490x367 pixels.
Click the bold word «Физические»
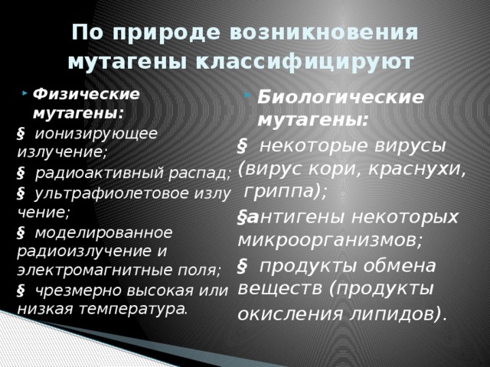(x=86, y=94)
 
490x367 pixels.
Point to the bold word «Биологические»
(x=341, y=97)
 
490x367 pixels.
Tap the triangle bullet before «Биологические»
(x=248, y=94)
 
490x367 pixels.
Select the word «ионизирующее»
(x=96, y=134)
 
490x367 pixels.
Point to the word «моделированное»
(x=103, y=232)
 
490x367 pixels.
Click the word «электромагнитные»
(x=95, y=270)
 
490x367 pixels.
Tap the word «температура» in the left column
(x=132, y=309)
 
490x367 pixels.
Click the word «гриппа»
(x=279, y=191)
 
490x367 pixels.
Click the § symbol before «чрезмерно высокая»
(x=21, y=291)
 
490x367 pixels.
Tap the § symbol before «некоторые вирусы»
(x=242, y=146)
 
